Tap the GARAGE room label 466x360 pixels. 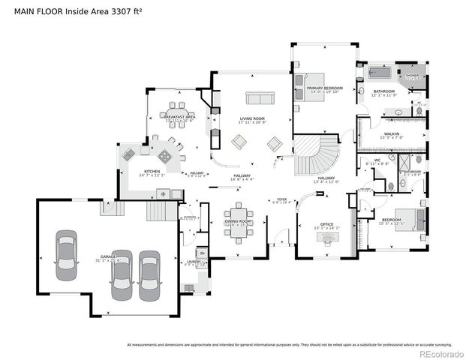[105, 257]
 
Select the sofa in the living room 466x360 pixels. [260, 99]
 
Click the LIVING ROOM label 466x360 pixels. [251, 118]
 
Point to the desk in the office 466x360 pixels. [326, 237]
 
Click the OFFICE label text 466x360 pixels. [326, 224]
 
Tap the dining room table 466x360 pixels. [239, 223]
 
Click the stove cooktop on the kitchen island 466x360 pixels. [164, 157]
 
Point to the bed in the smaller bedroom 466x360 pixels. [405, 220]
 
